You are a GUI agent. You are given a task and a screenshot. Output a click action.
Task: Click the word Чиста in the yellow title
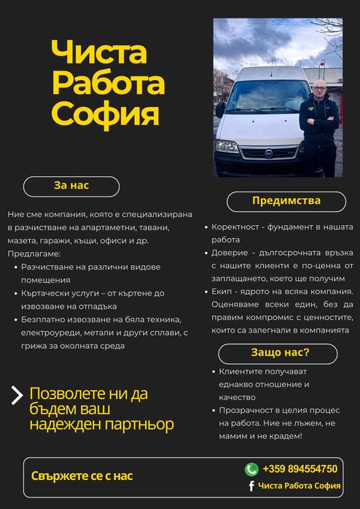tap(99, 52)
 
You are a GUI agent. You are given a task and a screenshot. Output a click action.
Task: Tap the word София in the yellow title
tap(105, 114)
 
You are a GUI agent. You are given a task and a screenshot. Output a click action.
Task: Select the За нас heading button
tap(71, 186)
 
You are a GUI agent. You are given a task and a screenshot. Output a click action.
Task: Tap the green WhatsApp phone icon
tap(251, 469)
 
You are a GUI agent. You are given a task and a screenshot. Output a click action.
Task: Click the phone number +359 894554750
tap(300, 469)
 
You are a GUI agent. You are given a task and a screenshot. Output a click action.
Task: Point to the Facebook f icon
tap(251, 486)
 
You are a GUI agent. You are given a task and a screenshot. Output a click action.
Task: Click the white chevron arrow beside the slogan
tap(17, 395)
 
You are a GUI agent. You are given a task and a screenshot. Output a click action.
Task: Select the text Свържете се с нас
tap(82, 476)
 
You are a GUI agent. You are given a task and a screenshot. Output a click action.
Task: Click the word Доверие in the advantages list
tap(232, 253)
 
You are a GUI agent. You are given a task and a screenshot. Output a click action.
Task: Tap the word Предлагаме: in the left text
tap(34, 254)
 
